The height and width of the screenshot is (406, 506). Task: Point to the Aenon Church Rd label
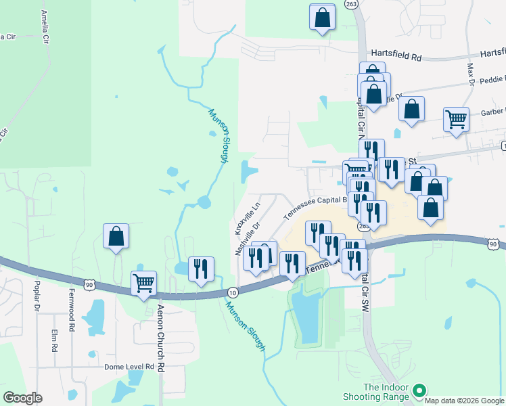161,332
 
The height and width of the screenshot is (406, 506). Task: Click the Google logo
22,398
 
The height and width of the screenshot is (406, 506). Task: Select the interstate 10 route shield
233,292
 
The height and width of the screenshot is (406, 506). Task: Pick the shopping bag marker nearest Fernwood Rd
116,237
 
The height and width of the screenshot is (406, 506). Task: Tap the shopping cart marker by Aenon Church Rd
143,284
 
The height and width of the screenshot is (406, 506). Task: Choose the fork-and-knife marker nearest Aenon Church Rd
200,269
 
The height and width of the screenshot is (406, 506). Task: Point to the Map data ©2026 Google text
464,401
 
